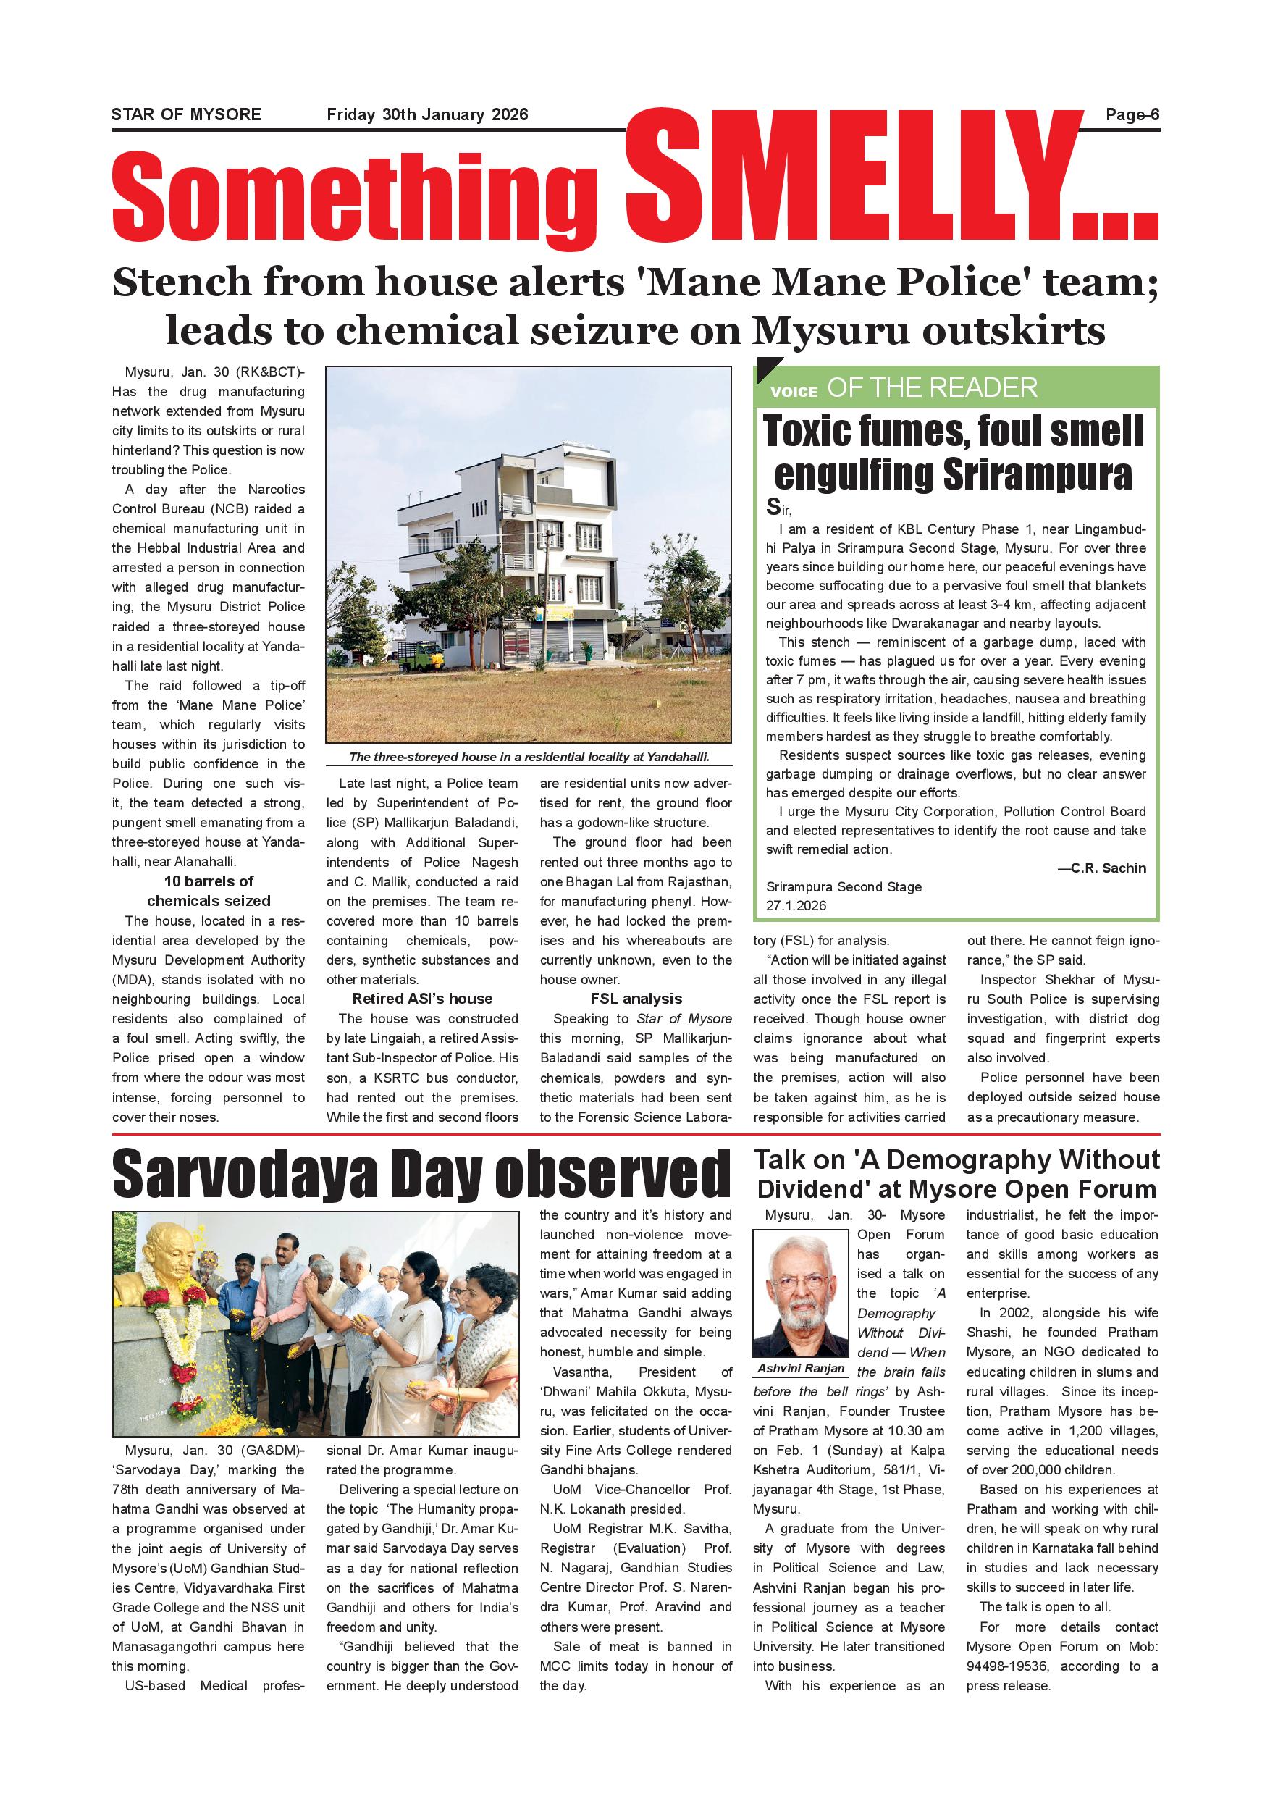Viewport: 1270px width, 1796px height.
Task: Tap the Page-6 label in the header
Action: pos(1132,115)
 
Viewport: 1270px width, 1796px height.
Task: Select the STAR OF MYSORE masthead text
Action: pos(186,115)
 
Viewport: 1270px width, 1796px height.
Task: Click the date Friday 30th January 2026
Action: pos(427,115)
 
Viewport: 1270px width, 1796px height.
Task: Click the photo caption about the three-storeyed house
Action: pos(529,756)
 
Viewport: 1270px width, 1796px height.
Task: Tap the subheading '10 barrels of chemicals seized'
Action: pos(209,891)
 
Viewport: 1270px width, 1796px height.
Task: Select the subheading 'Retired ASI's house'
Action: pos(422,999)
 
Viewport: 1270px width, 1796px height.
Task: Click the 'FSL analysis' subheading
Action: pos(636,999)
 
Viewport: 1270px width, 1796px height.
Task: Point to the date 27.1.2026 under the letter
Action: pos(795,905)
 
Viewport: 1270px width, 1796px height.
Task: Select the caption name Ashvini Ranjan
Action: pos(801,1368)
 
